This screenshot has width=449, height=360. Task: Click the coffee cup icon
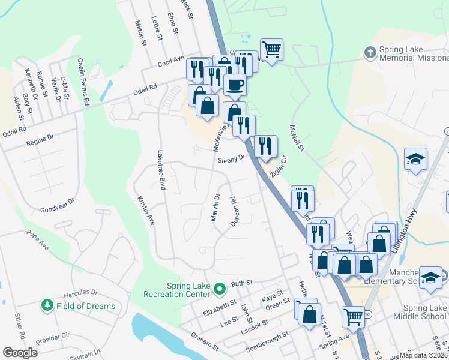coord(235,84)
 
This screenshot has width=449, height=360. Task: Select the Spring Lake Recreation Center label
coord(178,289)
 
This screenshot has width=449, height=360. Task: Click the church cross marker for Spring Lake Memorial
coord(370,53)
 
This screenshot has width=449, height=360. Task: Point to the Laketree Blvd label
coord(161,170)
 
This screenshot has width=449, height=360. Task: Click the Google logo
coord(20,353)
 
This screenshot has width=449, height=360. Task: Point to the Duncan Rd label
coord(235,212)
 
